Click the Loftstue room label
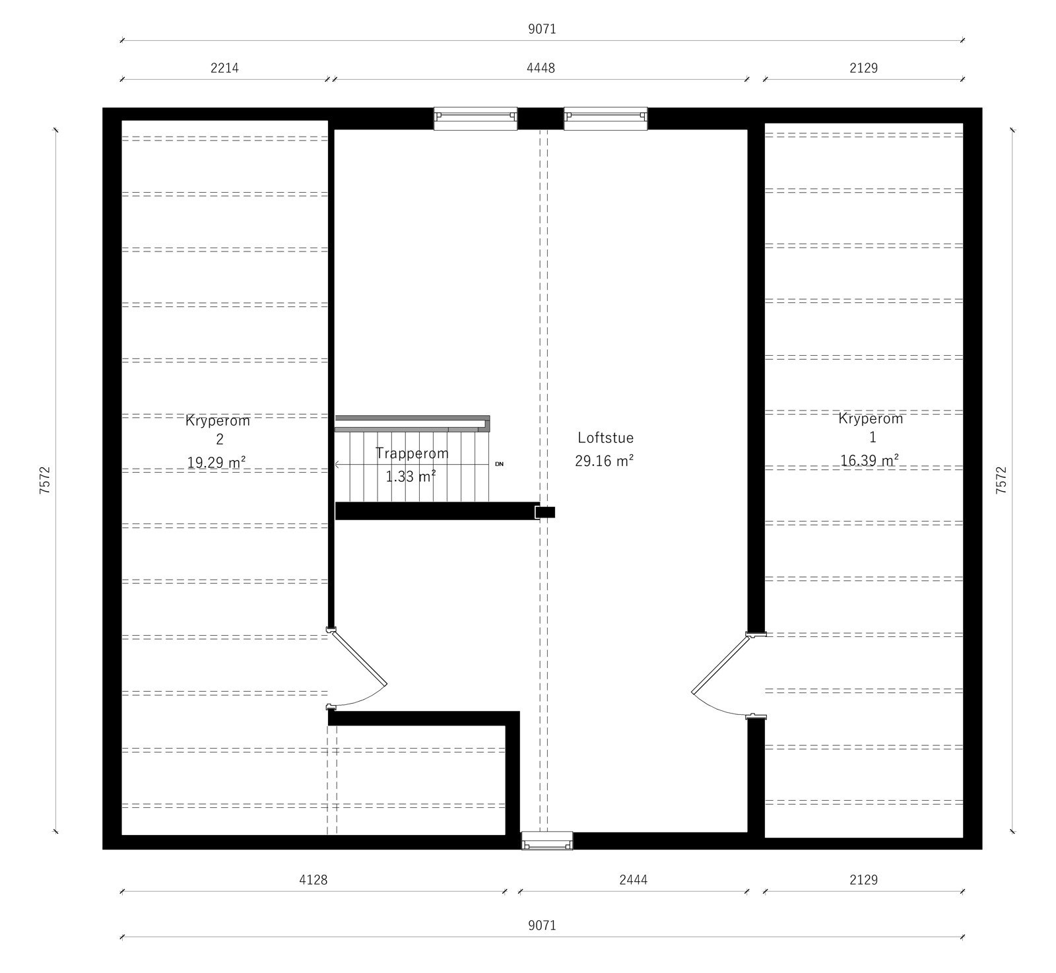click(x=605, y=437)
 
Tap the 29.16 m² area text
click(x=604, y=461)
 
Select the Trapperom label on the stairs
click(x=412, y=453)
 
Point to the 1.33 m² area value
click(x=411, y=476)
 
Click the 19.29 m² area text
click(x=216, y=462)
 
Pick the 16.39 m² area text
click(x=869, y=460)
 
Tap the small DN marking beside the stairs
click(x=499, y=464)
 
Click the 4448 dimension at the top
click(x=541, y=67)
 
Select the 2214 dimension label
click(x=224, y=67)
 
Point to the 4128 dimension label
click(x=313, y=879)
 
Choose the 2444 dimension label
click(x=634, y=879)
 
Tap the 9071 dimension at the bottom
click(x=542, y=925)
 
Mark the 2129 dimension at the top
click(x=863, y=67)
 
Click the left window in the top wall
click(x=475, y=118)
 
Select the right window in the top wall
click(x=605, y=118)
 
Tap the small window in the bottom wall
click(x=546, y=840)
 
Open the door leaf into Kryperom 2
click(x=360, y=657)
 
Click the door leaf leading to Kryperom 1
click(x=719, y=663)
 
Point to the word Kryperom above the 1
click(x=871, y=418)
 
